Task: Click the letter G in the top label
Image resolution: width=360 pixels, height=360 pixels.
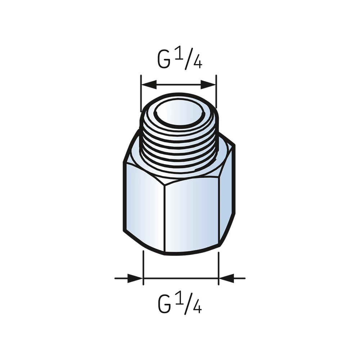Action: click(x=164, y=59)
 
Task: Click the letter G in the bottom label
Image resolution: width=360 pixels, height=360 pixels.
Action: click(x=165, y=304)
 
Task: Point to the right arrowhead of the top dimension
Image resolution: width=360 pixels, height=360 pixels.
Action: click(x=208, y=85)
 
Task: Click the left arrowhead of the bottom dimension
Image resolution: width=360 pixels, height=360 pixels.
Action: click(x=135, y=278)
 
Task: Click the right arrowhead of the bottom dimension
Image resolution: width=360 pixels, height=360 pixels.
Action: click(x=226, y=278)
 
